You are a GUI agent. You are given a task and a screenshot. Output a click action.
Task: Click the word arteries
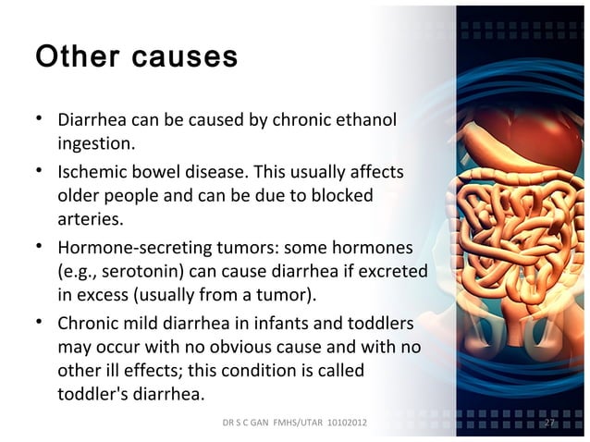pos(89,221)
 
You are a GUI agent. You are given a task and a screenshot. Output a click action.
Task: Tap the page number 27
pos(548,422)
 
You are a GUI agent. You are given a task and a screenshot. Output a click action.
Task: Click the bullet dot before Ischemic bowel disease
pos(41,172)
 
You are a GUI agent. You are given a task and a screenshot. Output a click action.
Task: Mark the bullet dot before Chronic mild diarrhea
pos(41,325)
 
